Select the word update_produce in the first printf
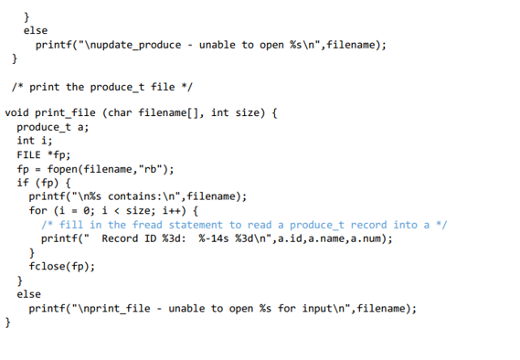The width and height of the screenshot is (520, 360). tap(133, 45)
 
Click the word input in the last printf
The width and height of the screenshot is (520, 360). tap(317, 308)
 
